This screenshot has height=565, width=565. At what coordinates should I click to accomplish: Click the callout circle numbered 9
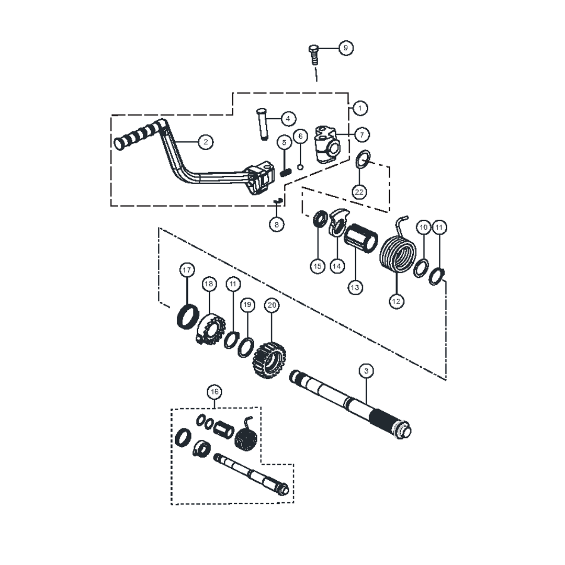coord(345,48)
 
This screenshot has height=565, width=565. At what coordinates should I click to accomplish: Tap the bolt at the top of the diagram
coord(314,54)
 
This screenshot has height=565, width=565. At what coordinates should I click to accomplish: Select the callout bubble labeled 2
coord(206,141)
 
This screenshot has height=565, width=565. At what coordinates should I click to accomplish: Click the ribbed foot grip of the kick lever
coord(137,134)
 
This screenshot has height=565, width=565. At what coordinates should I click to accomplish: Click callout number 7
coord(361,134)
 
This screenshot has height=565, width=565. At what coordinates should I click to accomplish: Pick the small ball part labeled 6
coord(300,167)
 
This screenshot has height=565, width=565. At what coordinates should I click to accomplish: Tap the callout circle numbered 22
coord(359,192)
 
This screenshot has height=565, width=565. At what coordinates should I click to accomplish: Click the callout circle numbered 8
coord(277,224)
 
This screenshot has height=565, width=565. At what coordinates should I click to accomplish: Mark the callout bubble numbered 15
coord(318,266)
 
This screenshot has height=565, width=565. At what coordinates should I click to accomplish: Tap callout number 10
coord(424,228)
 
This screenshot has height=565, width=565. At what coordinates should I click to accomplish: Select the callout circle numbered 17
coord(187,270)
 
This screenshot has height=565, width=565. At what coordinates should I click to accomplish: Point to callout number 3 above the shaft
coord(366,371)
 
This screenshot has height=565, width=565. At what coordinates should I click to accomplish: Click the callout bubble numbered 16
coord(213,391)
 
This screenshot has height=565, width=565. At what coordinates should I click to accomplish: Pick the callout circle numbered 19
coord(247,304)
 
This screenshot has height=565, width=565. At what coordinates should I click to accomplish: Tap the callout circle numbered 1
coord(360,108)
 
